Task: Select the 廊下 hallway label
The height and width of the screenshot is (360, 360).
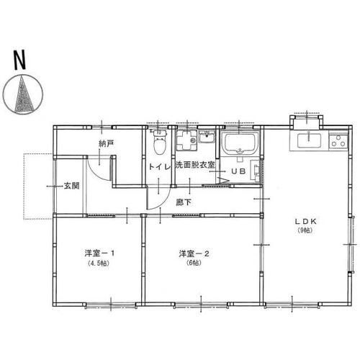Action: [184, 202]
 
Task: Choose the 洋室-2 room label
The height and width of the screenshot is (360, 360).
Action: [194, 253]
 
